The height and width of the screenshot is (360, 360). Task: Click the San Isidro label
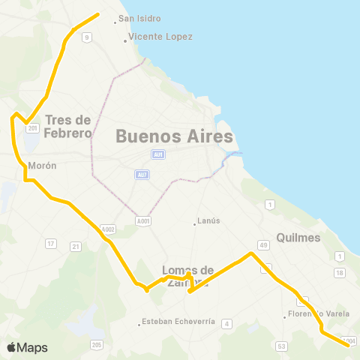pyautogui.click(x=140, y=19)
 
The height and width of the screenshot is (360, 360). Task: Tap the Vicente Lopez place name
pyautogui.click(x=160, y=37)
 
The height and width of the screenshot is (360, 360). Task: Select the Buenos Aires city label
pyautogui.click(x=174, y=137)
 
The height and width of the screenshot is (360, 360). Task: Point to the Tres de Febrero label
pyautogui.click(x=68, y=127)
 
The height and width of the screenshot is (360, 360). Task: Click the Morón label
pyautogui.click(x=42, y=166)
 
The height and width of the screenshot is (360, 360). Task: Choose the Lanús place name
pyautogui.click(x=208, y=221)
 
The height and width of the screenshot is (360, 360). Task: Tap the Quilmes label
pyautogui.click(x=298, y=238)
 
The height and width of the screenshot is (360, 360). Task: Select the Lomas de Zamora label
pyautogui.click(x=188, y=276)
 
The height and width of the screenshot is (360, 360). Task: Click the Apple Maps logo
pyautogui.click(x=27, y=347)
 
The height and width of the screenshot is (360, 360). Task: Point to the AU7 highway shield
pyautogui.click(x=142, y=175)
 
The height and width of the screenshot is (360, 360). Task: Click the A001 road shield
pyautogui.click(x=143, y=221)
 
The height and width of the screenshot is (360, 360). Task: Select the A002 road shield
pyautogui.click(x=108, y=229)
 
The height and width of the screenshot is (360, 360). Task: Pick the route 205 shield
pyautogui.click(x=97, y=344)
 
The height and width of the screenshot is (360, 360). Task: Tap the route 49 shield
pyautogui.click(x=263, y=244)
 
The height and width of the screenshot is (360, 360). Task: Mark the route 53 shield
pyautogui.click(x=282, y=346)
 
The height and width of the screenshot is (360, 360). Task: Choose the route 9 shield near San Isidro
pyautogui.click(x=88, y=37)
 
